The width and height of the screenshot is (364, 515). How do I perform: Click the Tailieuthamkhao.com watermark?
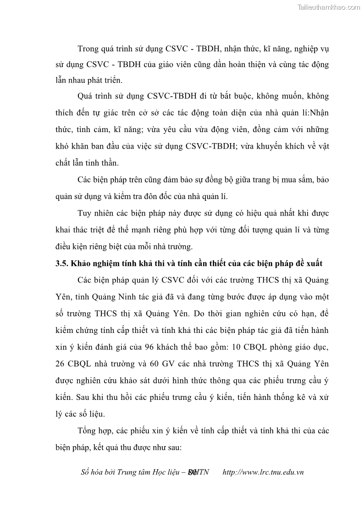tap(329, 7)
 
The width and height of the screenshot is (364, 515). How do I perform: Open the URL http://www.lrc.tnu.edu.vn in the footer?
tap(263, 472)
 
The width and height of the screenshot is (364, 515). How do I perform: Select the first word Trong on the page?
tap(90, 48)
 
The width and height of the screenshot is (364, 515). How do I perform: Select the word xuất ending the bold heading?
tap(312, 264)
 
